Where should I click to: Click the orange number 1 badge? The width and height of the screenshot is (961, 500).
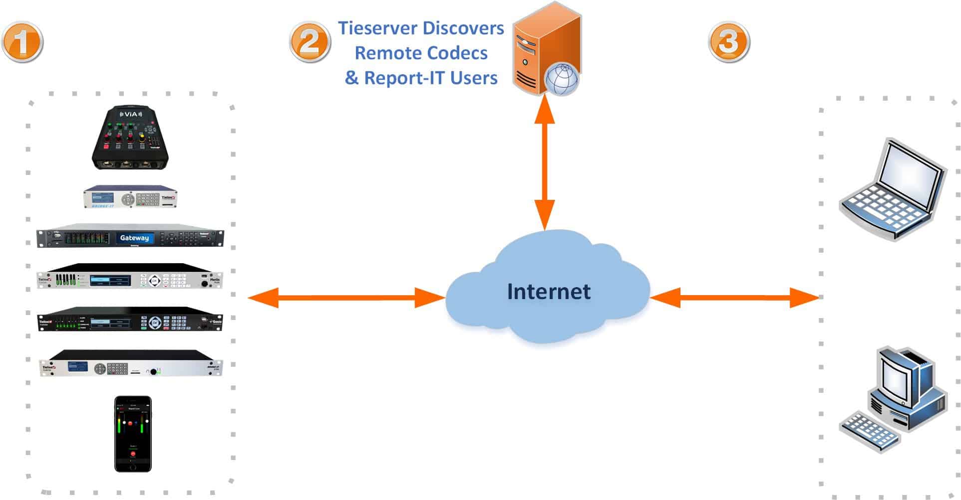click(x=22, y=42)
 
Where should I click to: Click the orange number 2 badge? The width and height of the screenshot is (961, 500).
click(x=310, y=42)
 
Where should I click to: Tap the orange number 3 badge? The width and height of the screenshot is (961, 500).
click(x=729, y=42)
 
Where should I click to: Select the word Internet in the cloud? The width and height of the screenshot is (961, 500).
click(x=549, y=292)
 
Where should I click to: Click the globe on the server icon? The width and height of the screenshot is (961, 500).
click(x=562, y=79)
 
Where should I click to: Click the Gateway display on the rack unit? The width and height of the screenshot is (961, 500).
click(x=134, y=238)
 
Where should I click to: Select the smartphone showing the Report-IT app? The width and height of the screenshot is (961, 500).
click(x=133, y=434)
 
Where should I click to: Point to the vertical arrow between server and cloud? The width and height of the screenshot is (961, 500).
click(x=544, y=162)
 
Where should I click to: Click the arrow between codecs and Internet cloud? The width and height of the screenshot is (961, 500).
click(x=346, y=298)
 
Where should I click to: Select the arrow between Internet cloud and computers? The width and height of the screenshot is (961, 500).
click(x=735, y=298)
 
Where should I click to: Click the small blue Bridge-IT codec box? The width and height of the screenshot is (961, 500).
click(x=130, y=197)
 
